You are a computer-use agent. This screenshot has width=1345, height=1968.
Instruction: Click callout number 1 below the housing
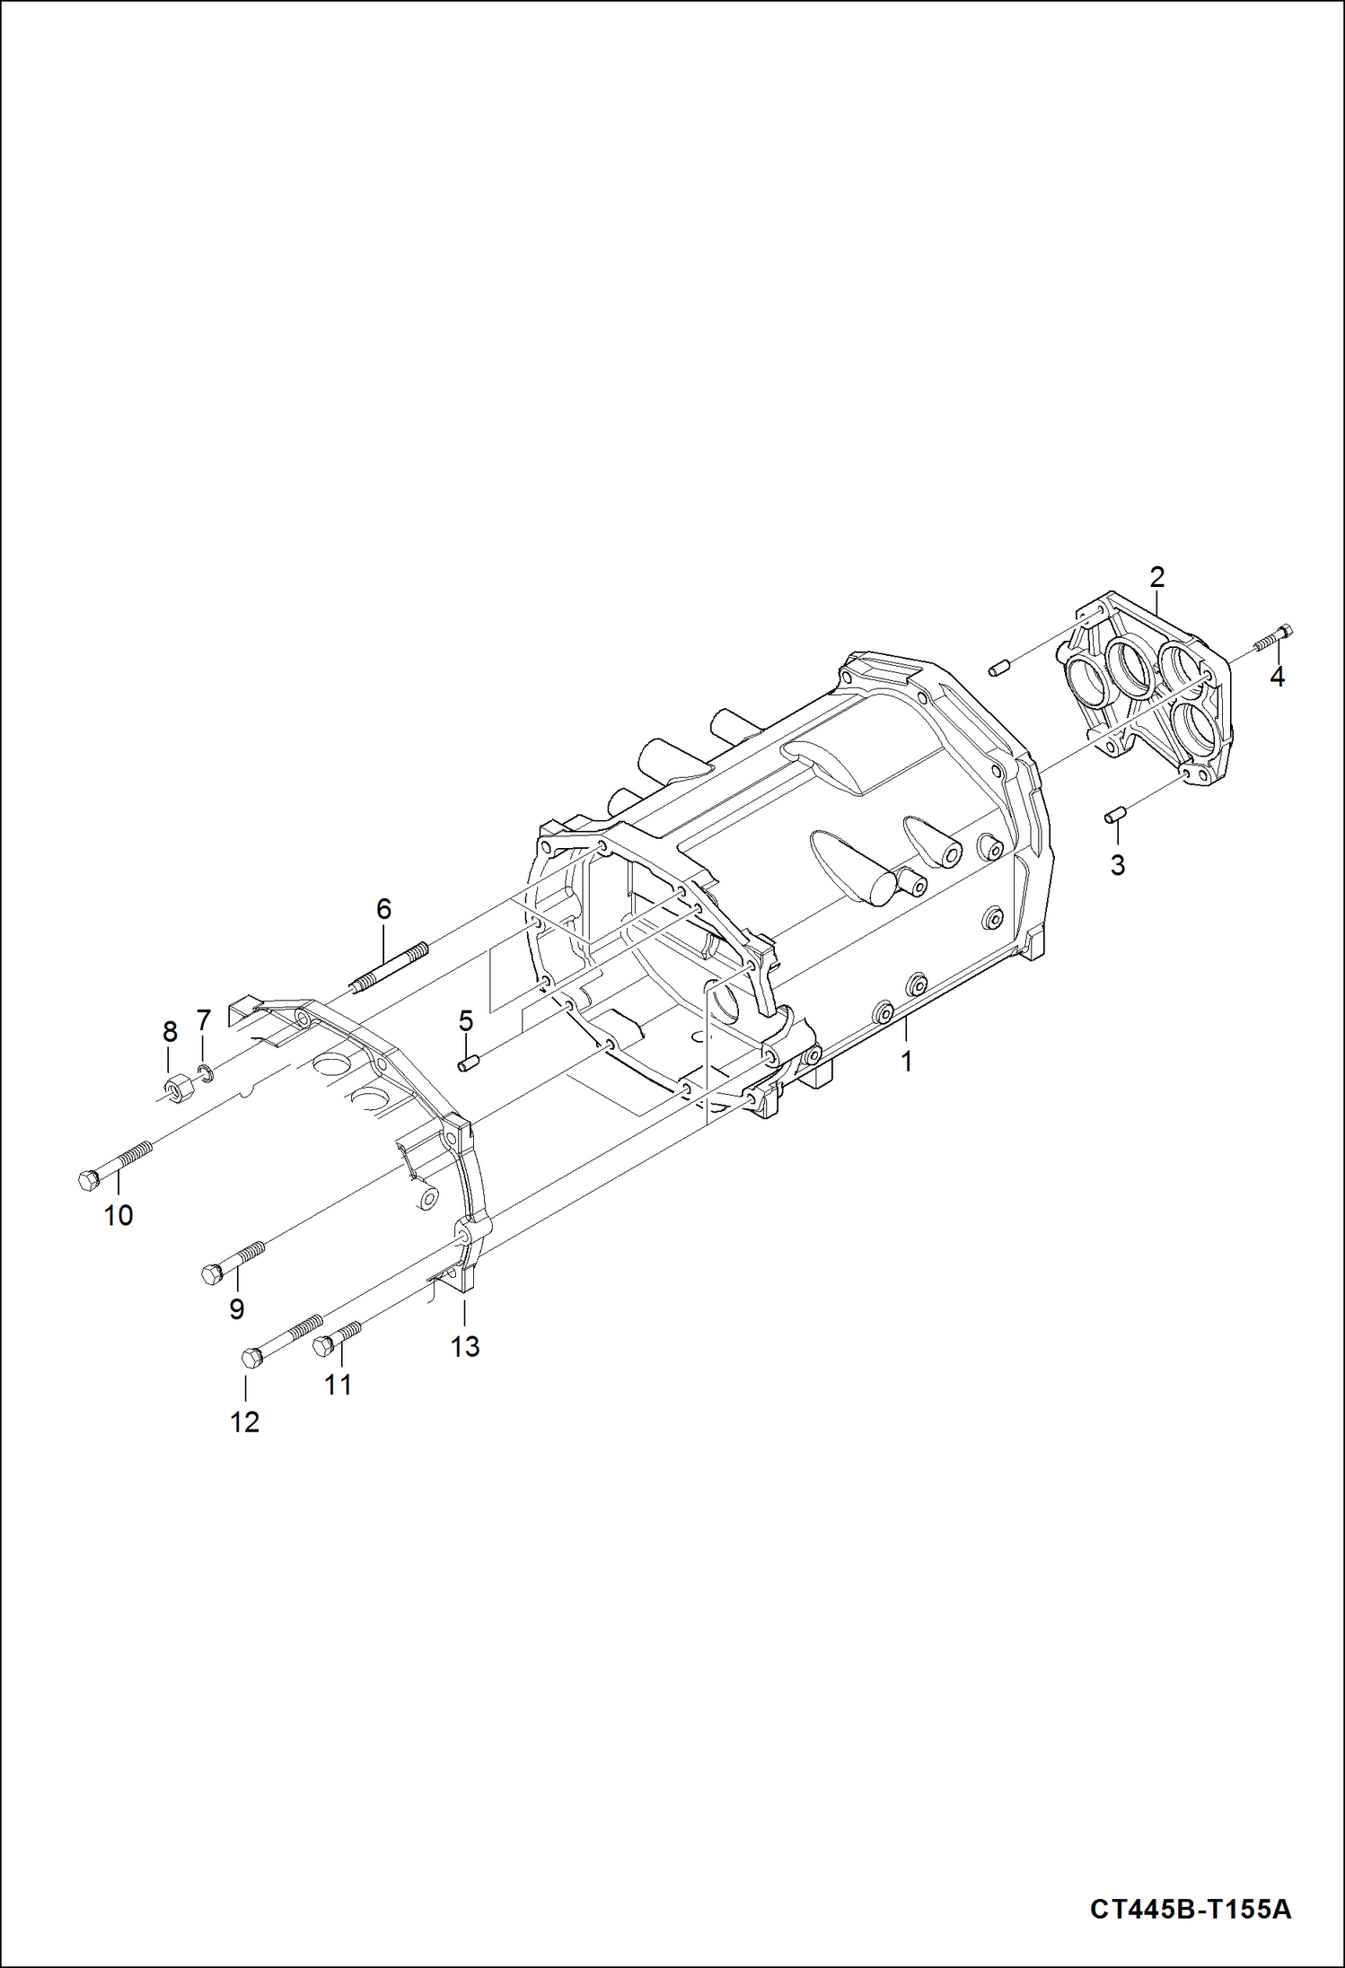[x=906, y=1062]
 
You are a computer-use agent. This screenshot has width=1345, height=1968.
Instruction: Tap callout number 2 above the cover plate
[x=1156, y=577]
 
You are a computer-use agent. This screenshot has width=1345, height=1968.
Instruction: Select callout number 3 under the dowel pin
[x=1117, y=865]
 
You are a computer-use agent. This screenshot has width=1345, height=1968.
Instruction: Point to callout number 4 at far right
[x=1277, y=677]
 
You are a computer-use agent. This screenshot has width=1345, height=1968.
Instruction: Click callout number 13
[x=465, y=1346]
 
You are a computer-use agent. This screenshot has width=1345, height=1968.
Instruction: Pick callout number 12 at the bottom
[x=244, y=1421]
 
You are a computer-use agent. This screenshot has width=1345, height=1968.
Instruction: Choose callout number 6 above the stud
[x=383, y=909]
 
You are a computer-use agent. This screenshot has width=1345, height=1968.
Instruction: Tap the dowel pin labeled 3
[x=1114, y=815]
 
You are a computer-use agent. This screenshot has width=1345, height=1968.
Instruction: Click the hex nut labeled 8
[x=174, y=1089]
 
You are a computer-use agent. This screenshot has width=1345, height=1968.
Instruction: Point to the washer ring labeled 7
[x=205, y=1071]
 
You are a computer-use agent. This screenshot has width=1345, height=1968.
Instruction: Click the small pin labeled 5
[x=466, y=1064]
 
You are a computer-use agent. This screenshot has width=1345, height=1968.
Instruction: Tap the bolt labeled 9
[x=233, y=1262]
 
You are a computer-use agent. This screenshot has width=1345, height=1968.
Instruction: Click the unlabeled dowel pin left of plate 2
[x=1000, y=668]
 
